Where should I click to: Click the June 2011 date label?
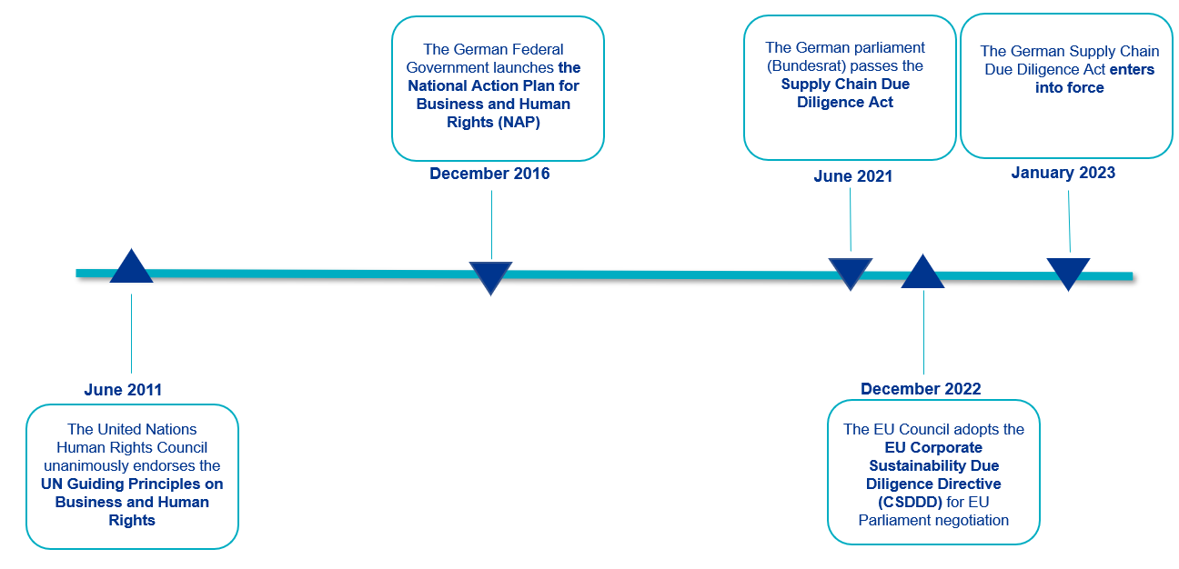point(123,390)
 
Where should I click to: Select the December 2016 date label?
point(489,174)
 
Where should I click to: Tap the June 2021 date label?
point(852,176)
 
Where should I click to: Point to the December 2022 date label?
point(921,389)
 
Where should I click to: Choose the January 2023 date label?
point(1063,173)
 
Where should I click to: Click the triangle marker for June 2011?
point(131,269)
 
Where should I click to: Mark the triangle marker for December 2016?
point(490,275)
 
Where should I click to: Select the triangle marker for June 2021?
point(850,272)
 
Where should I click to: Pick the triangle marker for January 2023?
point(1068,272)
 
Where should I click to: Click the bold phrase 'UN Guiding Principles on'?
point(132,484)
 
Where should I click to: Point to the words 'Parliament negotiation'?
point(933,520)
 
